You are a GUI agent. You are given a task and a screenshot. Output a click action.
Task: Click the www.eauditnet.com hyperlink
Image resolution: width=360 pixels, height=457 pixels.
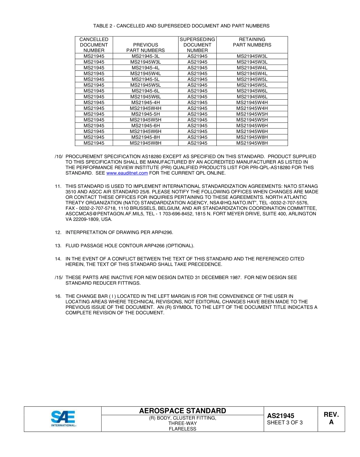pyautogui.click(x=127, y=173)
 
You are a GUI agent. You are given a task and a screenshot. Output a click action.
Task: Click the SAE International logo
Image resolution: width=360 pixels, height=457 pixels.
pyautogui.click(x=63, y=418)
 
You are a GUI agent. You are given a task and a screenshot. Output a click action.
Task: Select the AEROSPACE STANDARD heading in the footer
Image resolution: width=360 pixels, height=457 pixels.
pyautogui.click(x=182, y=411)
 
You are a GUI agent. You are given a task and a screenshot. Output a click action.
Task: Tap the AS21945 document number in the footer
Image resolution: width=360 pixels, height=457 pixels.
pyautogui.click(x=280, y=416)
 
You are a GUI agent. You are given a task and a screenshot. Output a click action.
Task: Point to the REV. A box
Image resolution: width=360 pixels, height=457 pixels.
pyautogui.click(x=331, y=418)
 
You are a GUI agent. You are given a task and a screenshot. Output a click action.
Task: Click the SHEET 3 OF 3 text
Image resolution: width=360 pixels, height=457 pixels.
pyautogui.click(x=285, y=423)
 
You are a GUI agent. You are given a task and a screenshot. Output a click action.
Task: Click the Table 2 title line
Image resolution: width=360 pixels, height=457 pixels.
pyautogui.click(x=181, y=26)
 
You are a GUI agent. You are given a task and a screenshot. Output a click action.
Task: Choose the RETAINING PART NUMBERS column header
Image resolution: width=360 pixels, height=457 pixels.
pyautogui.click(x=252, y=42)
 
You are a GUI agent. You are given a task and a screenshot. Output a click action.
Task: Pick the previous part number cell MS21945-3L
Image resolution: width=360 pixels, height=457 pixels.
pyautogui.click(x=146, y=56)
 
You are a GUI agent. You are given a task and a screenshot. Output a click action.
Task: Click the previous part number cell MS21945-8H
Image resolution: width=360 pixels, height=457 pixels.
pyautogui.click(x=146, y=137)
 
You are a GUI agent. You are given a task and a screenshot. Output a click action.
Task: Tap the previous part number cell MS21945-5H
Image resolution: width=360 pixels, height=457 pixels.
pyautogui.click(x=146, y=114)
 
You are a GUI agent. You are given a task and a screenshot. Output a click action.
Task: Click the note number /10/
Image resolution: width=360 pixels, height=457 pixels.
pyautogui.click(x=58, y=157)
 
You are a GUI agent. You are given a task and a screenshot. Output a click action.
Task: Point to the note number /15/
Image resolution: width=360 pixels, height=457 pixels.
pyautogui.click(x=58, y=278)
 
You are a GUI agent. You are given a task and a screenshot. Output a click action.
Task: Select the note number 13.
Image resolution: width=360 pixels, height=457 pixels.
pyautogui.click(x=58, y=246)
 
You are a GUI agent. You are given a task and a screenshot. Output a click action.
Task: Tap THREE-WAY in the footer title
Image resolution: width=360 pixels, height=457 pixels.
pyautogui.click(x=182, y=423)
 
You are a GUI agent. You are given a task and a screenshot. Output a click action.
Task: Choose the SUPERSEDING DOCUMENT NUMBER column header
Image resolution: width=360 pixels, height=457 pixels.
pyautogui.click(x=197, y=45)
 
